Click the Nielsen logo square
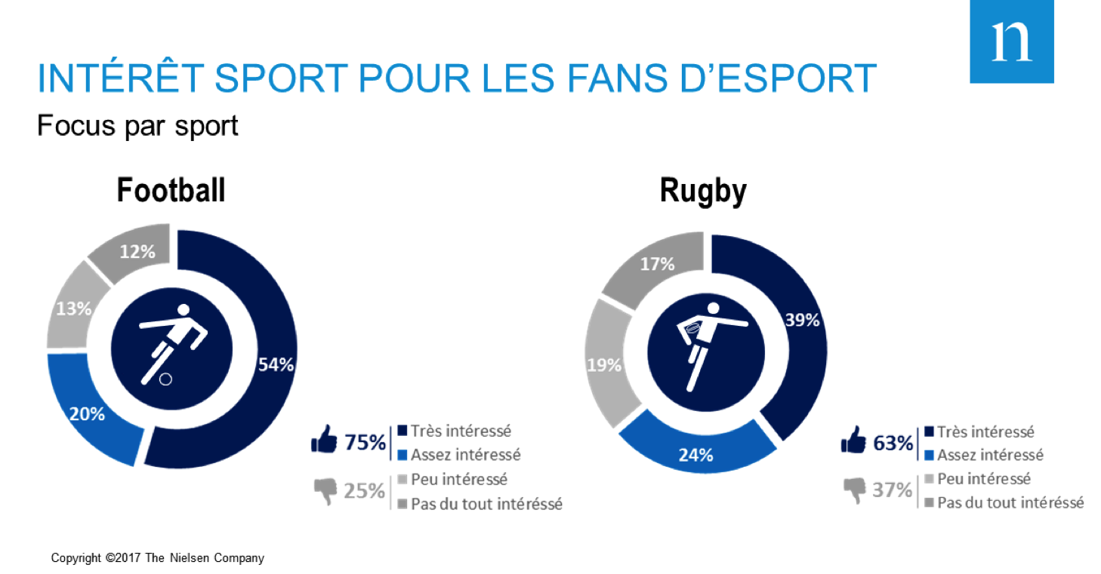[x=1011, y=41]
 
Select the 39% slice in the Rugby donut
[x=797, y=324]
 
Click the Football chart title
[x=171, y=190]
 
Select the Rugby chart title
[x=703, y=190]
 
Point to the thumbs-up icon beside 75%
[x=324, y=440]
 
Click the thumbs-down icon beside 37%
[x=855, y=492]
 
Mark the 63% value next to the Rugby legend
[x=893, y=443]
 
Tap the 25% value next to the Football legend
[x=365, y=491]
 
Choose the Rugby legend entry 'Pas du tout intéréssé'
[x=1009, y=502]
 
